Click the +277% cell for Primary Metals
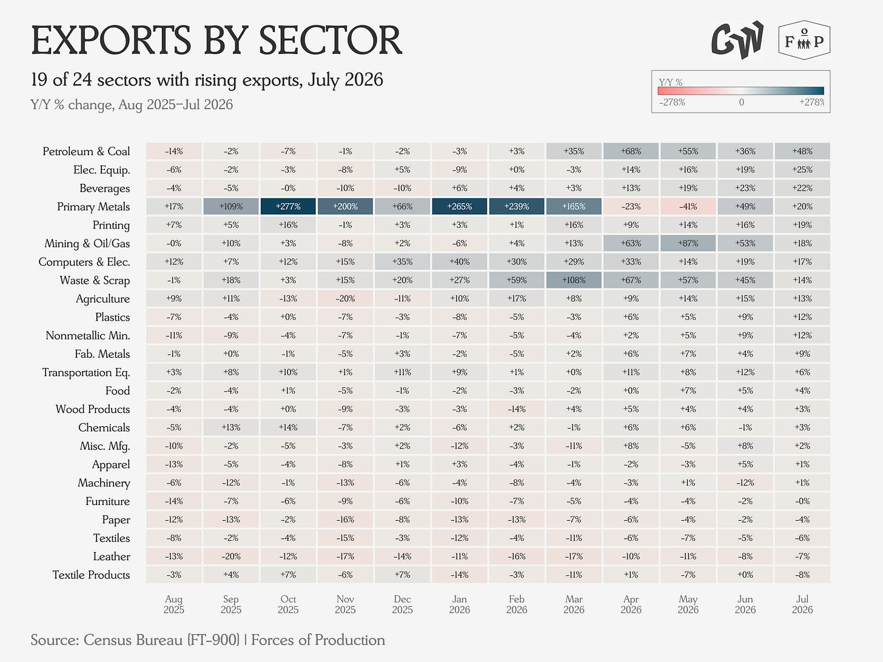coord(288,206)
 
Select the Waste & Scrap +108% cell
coord(574,279)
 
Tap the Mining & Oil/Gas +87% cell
coord(688,243)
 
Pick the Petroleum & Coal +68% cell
coord(631,151)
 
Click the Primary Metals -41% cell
coord(688,206)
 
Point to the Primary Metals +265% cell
coord(460,206)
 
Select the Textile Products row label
coord(92,575)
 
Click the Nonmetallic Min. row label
coord(88,335)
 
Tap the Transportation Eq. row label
coord(86,372)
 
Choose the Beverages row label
coord(104,188)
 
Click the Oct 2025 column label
coord(288,604)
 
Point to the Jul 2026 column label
coord(802,604)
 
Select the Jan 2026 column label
coord(460,604)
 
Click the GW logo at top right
coord(737,40)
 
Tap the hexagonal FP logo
coord(804,40)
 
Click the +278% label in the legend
coord(812,102)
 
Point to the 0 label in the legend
coord(741,102)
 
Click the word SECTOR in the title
coord(331,40)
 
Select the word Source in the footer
coord(55,640)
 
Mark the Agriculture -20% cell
coord(345,298)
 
